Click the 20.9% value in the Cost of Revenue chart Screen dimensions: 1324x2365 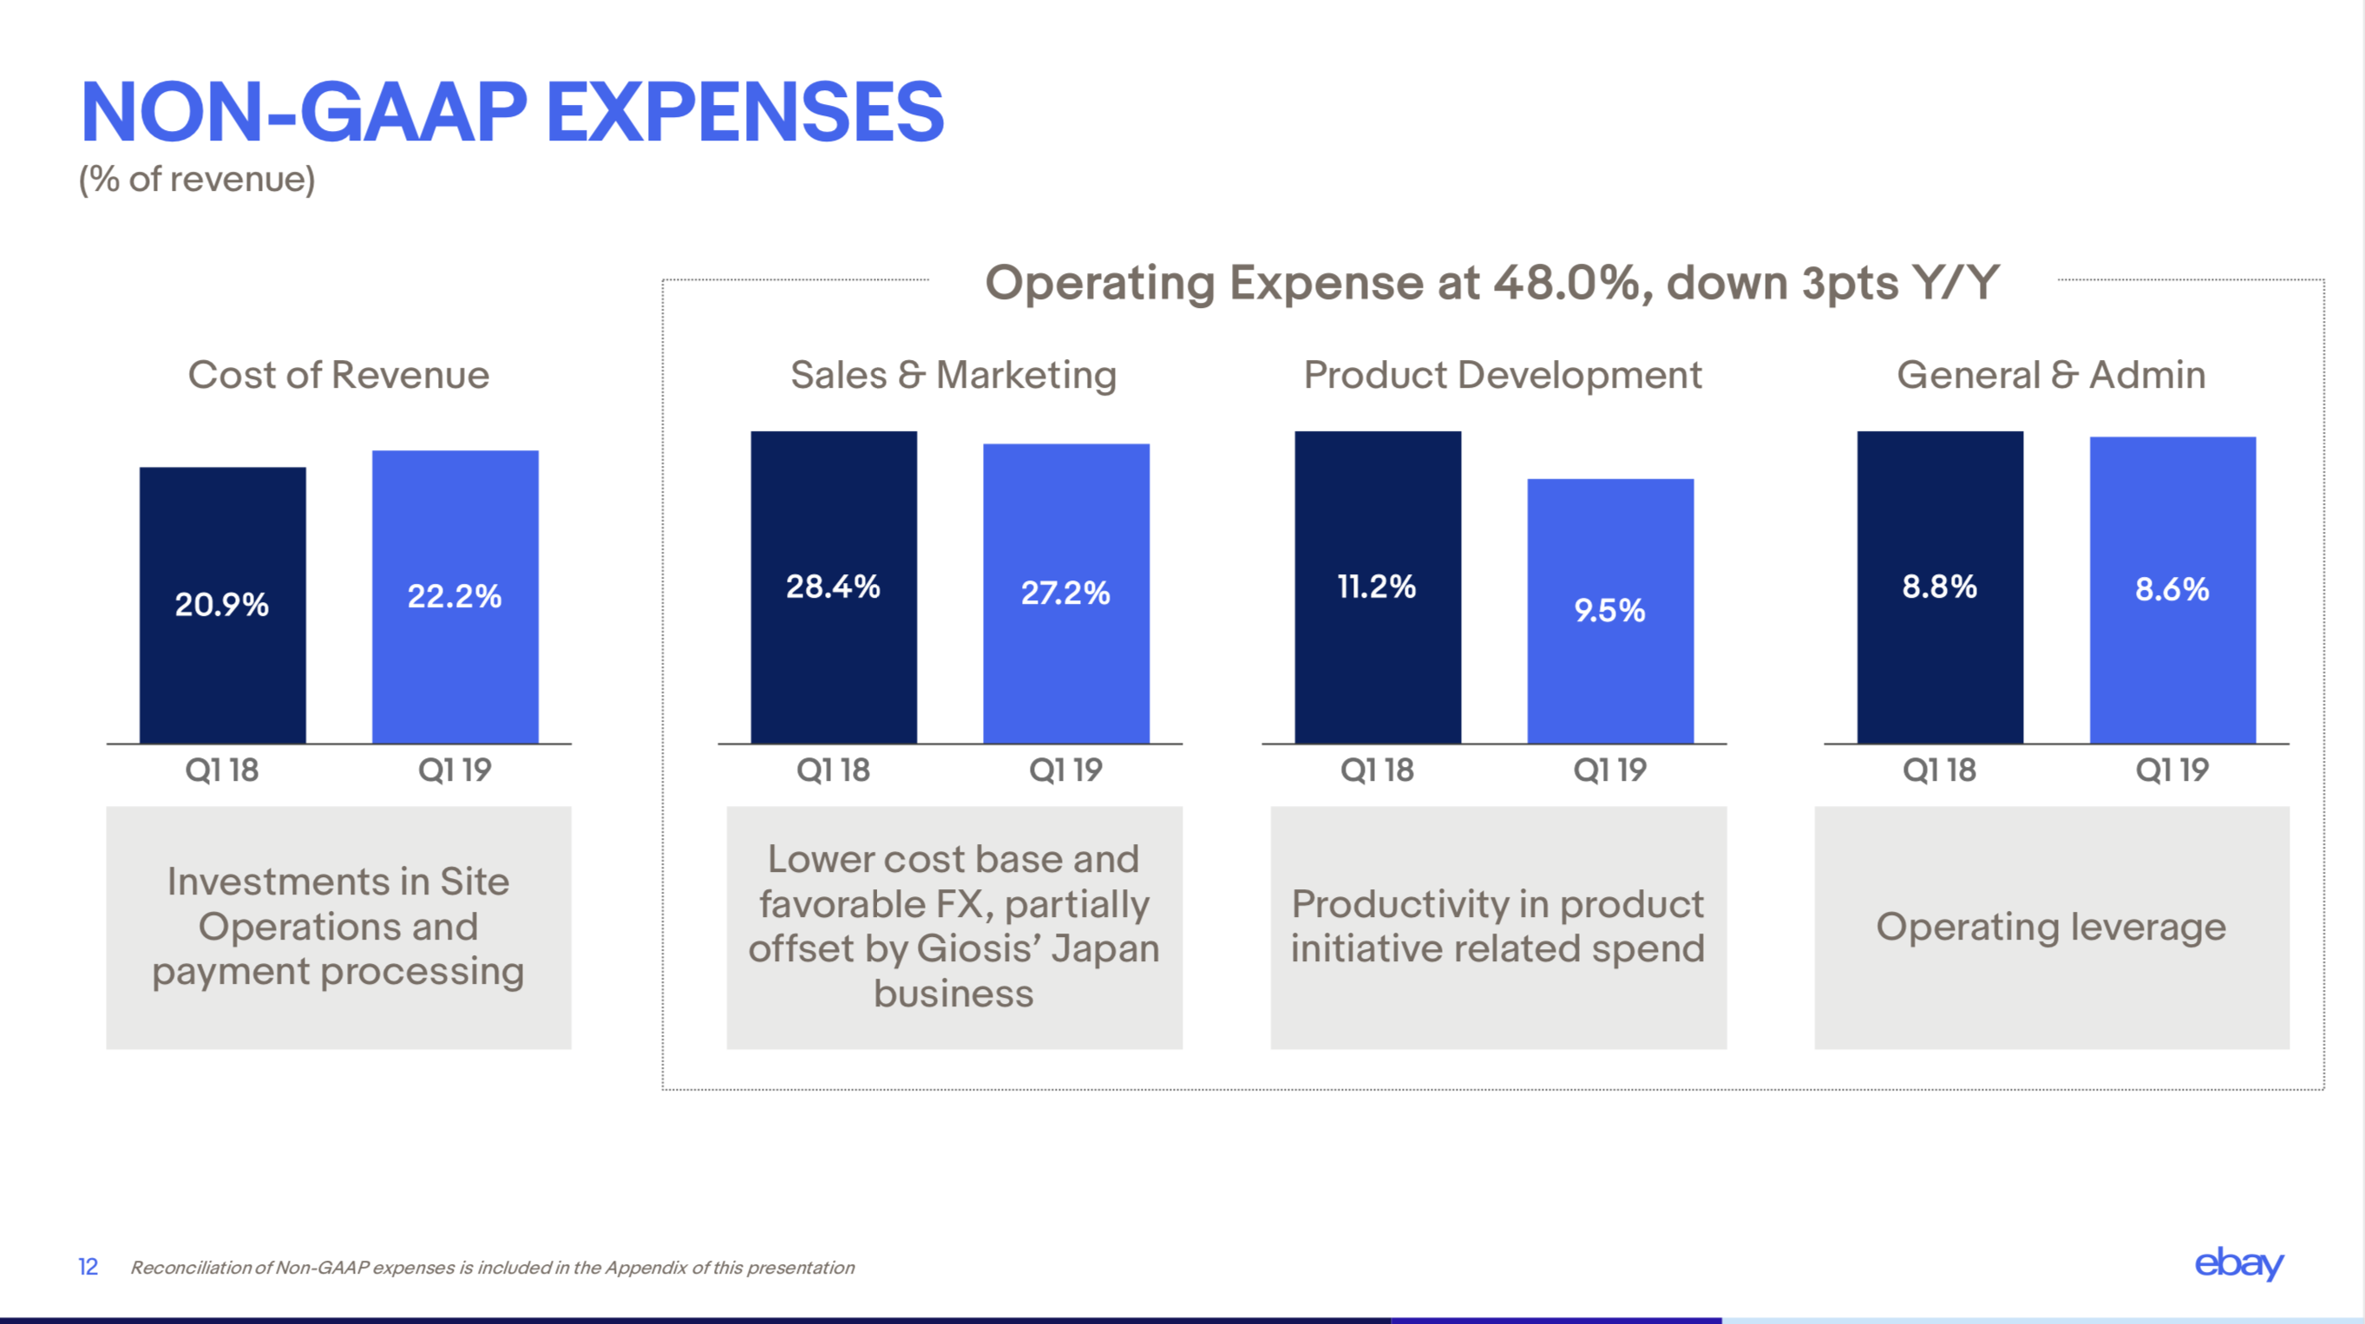pos(221,604)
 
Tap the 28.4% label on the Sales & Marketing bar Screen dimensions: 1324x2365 pos(833,587)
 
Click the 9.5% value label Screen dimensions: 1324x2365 pos(1609,611)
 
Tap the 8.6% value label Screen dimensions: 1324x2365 pos(2172,589)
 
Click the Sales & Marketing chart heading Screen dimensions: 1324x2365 pos(953,375)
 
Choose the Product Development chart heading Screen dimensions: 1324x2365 pos(1502,375)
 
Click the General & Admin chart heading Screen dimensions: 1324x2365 pos(2051,375)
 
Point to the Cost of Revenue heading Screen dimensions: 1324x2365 pos(337,375)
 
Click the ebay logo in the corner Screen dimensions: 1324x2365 pos(2238,1264)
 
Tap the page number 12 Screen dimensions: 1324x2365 pos(88,1267)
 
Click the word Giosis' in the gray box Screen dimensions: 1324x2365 pos(979,948)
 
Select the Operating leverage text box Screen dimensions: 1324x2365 pos(2051,927)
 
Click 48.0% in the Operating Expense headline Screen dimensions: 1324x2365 pos(1566,283)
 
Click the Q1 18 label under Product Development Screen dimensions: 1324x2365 pos(1377,770)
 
